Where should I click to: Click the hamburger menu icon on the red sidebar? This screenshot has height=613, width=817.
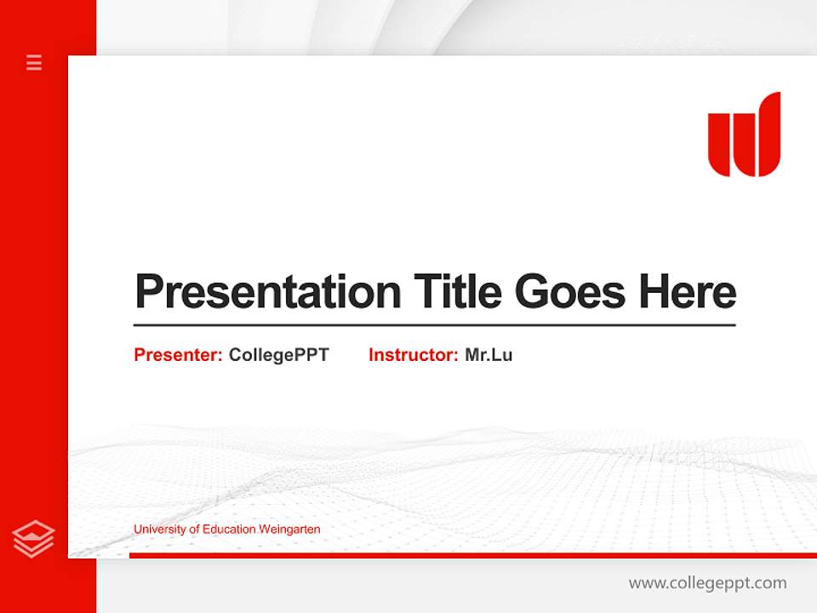click(34, 62)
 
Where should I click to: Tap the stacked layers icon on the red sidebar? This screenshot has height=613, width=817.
click(34, 539)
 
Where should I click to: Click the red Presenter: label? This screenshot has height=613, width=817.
click(178, 355)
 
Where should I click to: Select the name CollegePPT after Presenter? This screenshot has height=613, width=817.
click(278, 355)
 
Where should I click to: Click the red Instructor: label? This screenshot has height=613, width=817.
click(413, 355)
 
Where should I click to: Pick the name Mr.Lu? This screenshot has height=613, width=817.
click(488, 355)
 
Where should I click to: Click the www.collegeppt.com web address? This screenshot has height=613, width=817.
click(707, 583)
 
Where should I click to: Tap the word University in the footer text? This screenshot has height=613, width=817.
click(158, 530)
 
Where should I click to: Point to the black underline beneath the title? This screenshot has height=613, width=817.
click(434, 325)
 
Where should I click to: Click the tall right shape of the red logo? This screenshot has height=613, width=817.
click(765, 135)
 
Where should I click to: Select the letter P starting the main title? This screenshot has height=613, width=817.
click(148, 292)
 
